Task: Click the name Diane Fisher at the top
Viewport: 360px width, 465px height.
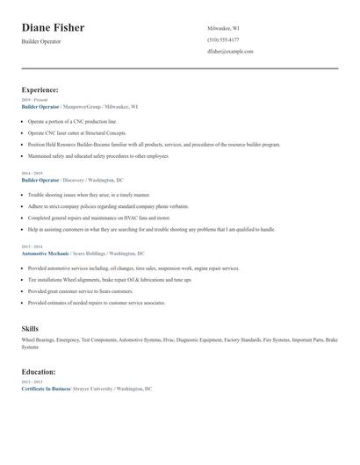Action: [53, 27]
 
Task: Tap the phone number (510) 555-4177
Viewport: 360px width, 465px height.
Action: [222, 40]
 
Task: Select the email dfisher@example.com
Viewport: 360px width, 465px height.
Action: [230, 52]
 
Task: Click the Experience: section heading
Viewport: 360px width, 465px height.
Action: [40, 89]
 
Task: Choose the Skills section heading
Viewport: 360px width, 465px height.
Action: [30, 328]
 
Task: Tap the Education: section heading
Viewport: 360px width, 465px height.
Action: [39, 372]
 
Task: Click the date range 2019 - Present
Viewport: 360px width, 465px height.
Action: [36, 100]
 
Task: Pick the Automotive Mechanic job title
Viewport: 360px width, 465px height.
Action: [45, 253]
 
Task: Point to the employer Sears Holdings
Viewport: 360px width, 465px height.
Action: [91, 253]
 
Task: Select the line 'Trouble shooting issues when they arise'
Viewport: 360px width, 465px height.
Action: [89, 195]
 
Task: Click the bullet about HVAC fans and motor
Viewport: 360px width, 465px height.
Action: [98, 218]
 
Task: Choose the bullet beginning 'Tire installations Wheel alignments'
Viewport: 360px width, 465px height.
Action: [109, 280]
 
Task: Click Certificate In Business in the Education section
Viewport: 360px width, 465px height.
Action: [46, 388]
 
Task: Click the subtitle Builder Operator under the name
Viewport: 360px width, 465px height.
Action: [42, 43]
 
